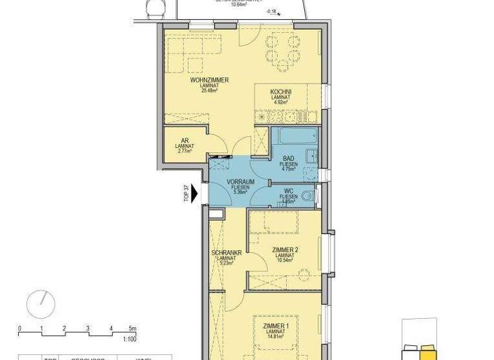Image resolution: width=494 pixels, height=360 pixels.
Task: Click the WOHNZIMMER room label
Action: pyautogui.click(x=209, y=80)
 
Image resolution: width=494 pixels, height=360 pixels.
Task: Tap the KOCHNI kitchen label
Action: pyautogui.click(x=281, y=93)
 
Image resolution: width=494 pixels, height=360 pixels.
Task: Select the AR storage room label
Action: pyautogui.click(x=185, y=139)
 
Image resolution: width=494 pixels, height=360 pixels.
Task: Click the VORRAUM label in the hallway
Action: pyautogui.click(x=241, y=183)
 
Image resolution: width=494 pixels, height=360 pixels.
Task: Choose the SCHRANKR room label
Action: pyautogui.click(x=226, y=253)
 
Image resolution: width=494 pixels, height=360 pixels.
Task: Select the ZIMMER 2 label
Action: pyautogui.click(x=284, y=250)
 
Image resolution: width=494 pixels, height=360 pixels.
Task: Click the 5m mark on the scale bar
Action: pyautogui.click(x=133, y=328)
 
